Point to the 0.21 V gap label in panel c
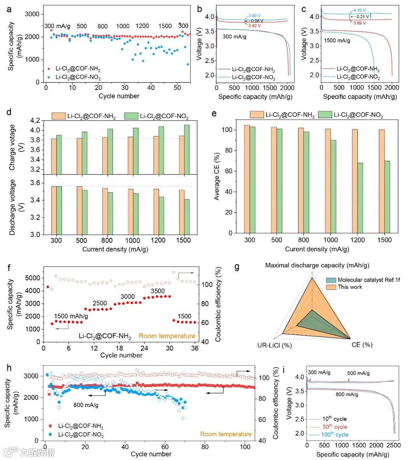click(358, 17)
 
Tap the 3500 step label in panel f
click(158, 291)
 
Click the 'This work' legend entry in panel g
click(350, 287)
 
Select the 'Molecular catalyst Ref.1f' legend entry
click(366, 280)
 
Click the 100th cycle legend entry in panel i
click(335, 435)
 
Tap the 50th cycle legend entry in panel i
click(334, 427)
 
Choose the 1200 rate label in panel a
click(142, 26)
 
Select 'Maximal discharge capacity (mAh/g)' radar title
click(317, 265)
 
